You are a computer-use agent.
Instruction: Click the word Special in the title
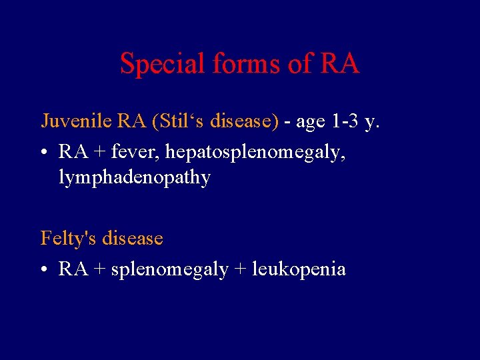tap(163, 64)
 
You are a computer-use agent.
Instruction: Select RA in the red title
tap(340, 64)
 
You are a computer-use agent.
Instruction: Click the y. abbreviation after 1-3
tap(371, 123)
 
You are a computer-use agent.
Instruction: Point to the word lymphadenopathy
tap(135, 178)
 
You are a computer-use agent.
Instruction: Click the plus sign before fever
tap(99, 152)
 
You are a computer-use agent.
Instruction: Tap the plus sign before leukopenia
tap(239, 269)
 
